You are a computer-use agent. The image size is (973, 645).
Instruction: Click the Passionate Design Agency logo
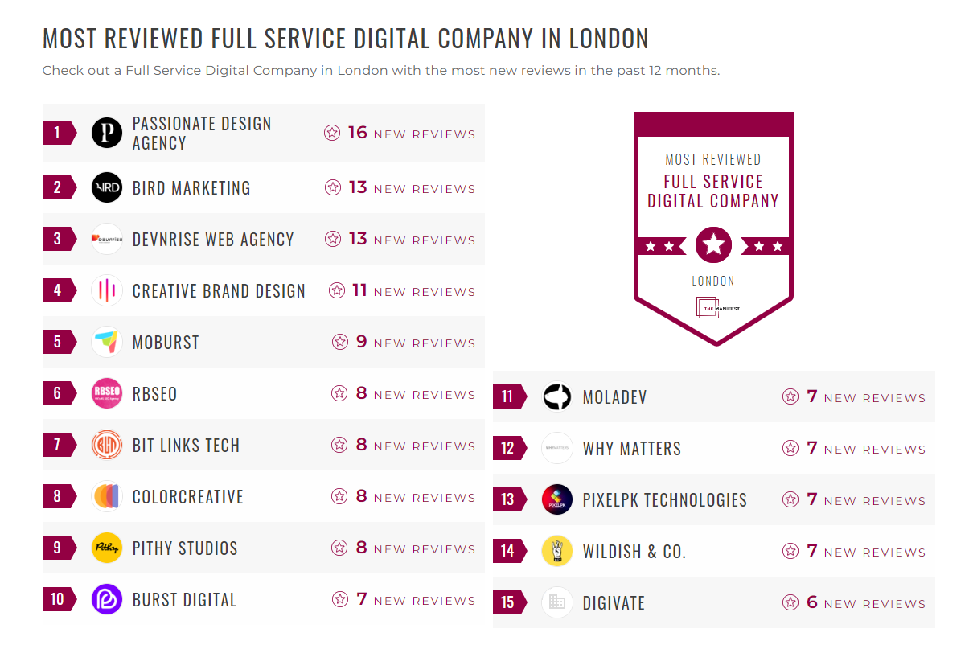pos(107,133)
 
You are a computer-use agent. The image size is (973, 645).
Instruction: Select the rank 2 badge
pos(58,187)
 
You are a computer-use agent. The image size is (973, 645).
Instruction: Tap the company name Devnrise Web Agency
pos(213,240)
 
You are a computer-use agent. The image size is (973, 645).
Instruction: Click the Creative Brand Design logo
pos(107,290)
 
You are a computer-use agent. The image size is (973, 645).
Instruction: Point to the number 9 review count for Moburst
pos(361,342)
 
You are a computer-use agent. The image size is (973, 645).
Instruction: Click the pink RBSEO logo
pos(107,393)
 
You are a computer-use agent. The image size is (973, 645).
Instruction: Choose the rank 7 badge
pos(58,445)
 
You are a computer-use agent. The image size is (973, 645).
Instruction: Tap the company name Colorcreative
pos(187,497)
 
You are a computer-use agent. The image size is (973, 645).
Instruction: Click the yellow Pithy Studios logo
pos(107,548)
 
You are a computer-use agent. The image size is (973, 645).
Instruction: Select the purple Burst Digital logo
pos(107,599)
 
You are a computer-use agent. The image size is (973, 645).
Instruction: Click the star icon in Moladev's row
pos(790,396)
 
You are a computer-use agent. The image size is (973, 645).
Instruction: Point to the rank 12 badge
pos(508,448)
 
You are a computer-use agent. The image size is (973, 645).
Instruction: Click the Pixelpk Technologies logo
pos(557,499)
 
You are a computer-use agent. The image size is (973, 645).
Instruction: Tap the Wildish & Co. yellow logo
pos(557,551)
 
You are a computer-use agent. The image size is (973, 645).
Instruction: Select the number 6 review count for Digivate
pos(812,602)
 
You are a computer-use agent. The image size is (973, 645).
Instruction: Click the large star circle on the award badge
pos(713,244)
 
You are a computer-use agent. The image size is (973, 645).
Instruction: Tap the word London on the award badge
pos(713,281)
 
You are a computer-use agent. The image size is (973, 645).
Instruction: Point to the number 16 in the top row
pos(357,133)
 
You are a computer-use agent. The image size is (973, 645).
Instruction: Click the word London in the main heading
pos(609,39)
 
